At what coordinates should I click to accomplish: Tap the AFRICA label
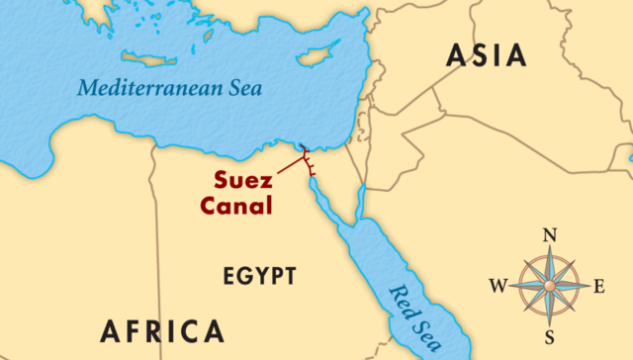[x=160, y=329]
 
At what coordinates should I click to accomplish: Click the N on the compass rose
[x=552, y=235]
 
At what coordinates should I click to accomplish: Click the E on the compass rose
[x=598, y=287]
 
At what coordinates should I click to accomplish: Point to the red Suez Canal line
[x=306, y=161]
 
